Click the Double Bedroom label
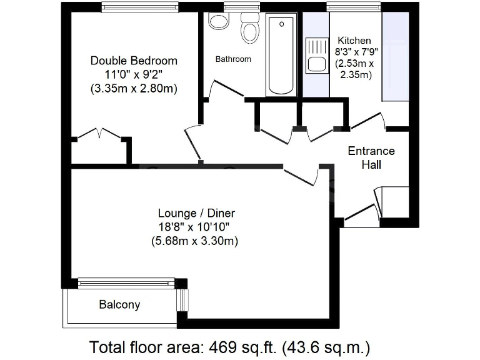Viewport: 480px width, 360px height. pyautogui.click(x=134, y=61)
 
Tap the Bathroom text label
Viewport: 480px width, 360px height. pyautogui.click(x=233, y=59)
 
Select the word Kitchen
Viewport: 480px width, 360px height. pyautogui.click(x=354, y=41)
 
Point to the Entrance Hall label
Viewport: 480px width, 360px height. pyautogui.click(x=371, y=158)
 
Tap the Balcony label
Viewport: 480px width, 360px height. pyautogui.click(x=119, y=305)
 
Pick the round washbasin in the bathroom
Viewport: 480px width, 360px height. pyautogui.click(x=218, y=22)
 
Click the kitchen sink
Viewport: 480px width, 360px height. pyautogui.click(x=316, y=55)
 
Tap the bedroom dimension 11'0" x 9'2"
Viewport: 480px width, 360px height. pyautogui.click(x=134, y=74)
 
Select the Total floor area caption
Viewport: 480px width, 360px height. pyautogui.click(x=231, y=346)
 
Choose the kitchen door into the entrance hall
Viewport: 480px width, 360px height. pyautogui.click(x=369, y=121)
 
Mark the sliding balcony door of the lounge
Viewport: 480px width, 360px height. pyautogui.click(x=125, y=284)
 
